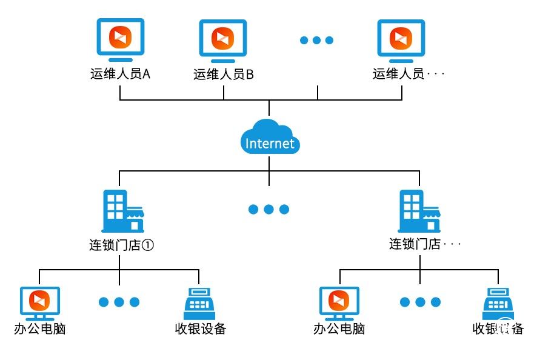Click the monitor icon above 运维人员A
pos(120,39)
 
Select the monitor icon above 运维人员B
pos(222,39)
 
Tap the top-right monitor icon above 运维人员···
pos(401,39)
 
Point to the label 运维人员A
pos(120,75)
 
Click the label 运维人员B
pos(223,75)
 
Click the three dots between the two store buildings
pos(268,210)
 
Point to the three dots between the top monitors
pos(316,41)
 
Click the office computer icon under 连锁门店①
pos(40,302)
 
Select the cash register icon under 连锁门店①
pos(199,302)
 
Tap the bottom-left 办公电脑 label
pos(40,329)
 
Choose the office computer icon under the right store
pos(339,302)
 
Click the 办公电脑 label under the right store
pos(339,329)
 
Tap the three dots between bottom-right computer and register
pos(419,302)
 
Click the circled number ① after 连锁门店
pos(152,245)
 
